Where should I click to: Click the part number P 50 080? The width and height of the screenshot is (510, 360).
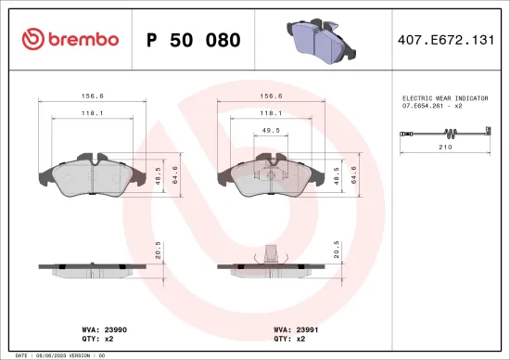coord(194,40)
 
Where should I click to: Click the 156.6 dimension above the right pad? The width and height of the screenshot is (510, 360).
coord(272,95)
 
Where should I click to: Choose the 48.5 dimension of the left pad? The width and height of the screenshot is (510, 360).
coord(159,174)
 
